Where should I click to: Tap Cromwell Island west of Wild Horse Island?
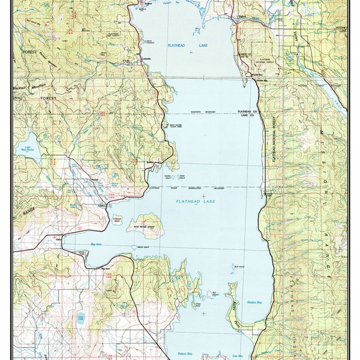(116, 219)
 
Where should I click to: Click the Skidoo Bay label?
(254, 303)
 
